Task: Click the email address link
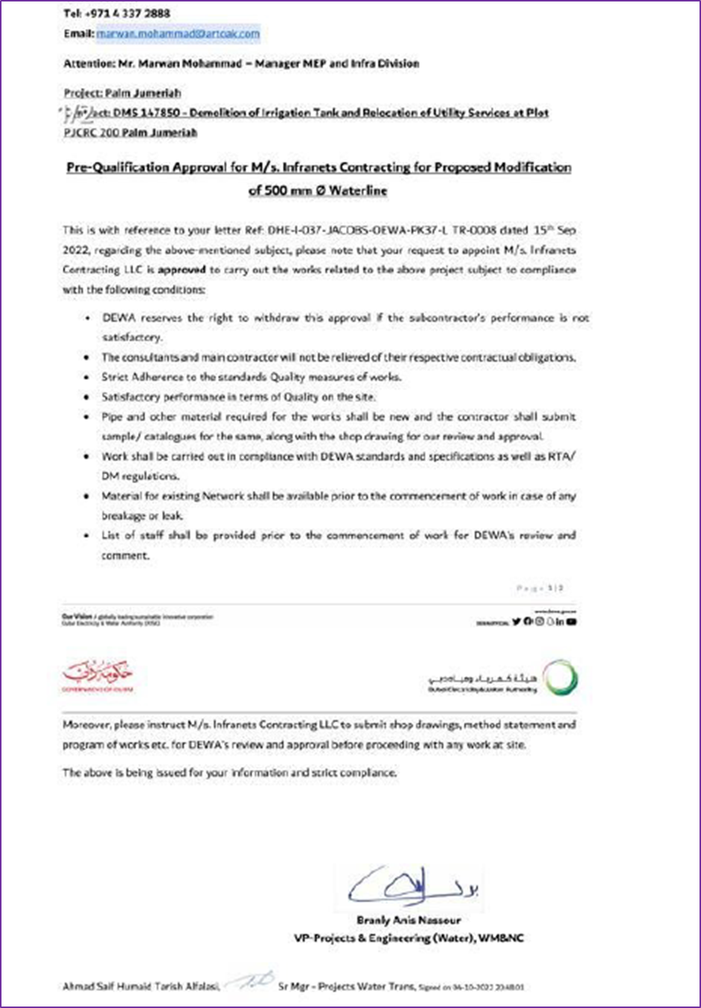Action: (178, 34)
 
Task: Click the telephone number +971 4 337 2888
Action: (127, 13)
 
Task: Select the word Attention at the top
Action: (89, 64)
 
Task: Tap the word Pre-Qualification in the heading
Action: (118, 168)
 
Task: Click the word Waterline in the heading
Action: (358, 191)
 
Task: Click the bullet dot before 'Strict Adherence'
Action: (87, 377)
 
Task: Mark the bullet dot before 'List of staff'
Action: (87, 536)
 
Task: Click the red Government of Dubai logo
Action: (97, 675)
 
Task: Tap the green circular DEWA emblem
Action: (559, 678)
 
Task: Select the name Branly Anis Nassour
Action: (409, 920)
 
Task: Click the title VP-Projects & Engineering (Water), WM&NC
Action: (409, 938)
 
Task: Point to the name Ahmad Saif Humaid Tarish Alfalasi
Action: (141, 986)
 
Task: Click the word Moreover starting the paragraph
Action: (86, 724)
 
